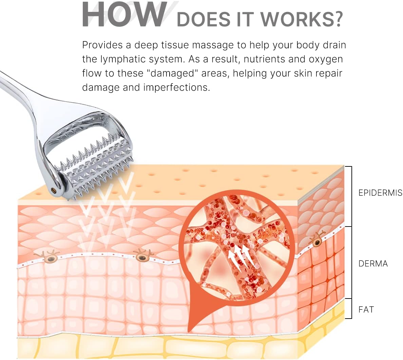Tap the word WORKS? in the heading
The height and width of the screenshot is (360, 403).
301,19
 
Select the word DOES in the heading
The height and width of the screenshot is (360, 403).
204,19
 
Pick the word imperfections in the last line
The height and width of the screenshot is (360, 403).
177,88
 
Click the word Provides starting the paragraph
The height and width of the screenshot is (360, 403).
102,45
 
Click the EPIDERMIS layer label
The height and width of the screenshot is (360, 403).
380,193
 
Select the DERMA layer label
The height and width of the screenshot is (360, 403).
373,264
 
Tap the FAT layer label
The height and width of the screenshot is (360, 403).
366,309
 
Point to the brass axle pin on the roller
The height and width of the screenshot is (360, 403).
54,190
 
